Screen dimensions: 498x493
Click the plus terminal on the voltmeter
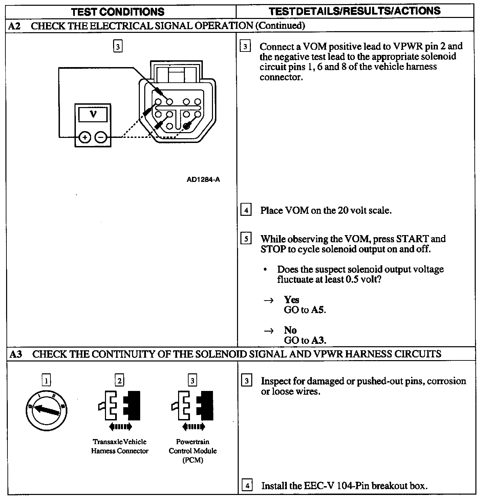(85, 138)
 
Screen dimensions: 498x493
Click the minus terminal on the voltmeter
(101, 138)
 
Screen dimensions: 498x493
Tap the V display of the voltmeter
(93, 115)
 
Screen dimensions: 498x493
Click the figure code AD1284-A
(203, 180)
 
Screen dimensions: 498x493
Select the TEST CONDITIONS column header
(118, 12)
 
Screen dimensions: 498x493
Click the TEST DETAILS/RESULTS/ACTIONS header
(355, 11)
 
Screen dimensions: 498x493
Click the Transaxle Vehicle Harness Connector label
(120, 446)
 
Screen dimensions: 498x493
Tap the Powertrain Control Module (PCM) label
(193, 451)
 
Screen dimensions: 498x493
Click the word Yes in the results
(292, 300)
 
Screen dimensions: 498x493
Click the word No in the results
(290, 330)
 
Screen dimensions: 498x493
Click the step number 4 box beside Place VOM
(246, 210)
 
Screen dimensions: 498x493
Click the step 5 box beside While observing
(246, 239)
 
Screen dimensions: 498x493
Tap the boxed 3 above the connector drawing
(117, 46)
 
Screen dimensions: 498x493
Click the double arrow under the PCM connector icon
(193, 427)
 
